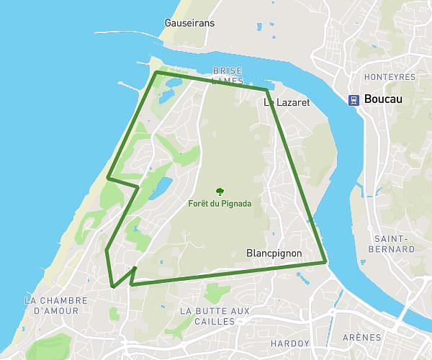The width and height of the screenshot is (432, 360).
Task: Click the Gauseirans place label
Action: pyautogui.click(x=189, y=23)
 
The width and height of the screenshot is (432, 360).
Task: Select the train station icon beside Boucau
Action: pyautogui.click(x=354, y=101)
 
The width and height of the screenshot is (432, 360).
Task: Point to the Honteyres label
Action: pyautogui.click(x=392, y=76)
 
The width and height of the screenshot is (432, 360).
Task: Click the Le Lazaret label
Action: pyautogui.click(x=287, y=103)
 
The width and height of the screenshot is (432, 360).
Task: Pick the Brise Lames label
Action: pyautogui.click(x=228, y=76)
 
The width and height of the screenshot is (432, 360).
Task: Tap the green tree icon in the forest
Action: pyautogui.click(x=220, y=192)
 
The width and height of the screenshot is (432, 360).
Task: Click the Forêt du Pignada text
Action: pyautogui.click(x=220, y=204)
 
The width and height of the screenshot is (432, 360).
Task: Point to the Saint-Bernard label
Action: pyautogui.click(x=395, y=243)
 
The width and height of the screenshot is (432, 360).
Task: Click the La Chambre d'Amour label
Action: pyautogui.click(x=55, y=305)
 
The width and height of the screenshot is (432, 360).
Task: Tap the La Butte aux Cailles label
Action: pyautogui.click(x=214, y=315)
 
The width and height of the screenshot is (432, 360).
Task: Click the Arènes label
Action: pyautogui.click(x=361, y=338)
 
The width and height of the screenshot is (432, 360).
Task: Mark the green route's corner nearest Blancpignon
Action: pyautogui.click(x=326, y=261)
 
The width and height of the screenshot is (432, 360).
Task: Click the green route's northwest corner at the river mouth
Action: pyautogui.click(x=156, y=72)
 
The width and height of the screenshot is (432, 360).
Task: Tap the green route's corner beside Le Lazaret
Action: pyautogui.click(x=266, y=90)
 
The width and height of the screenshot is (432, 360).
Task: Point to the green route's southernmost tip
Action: pyautogui.click(x=113, y=287)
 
